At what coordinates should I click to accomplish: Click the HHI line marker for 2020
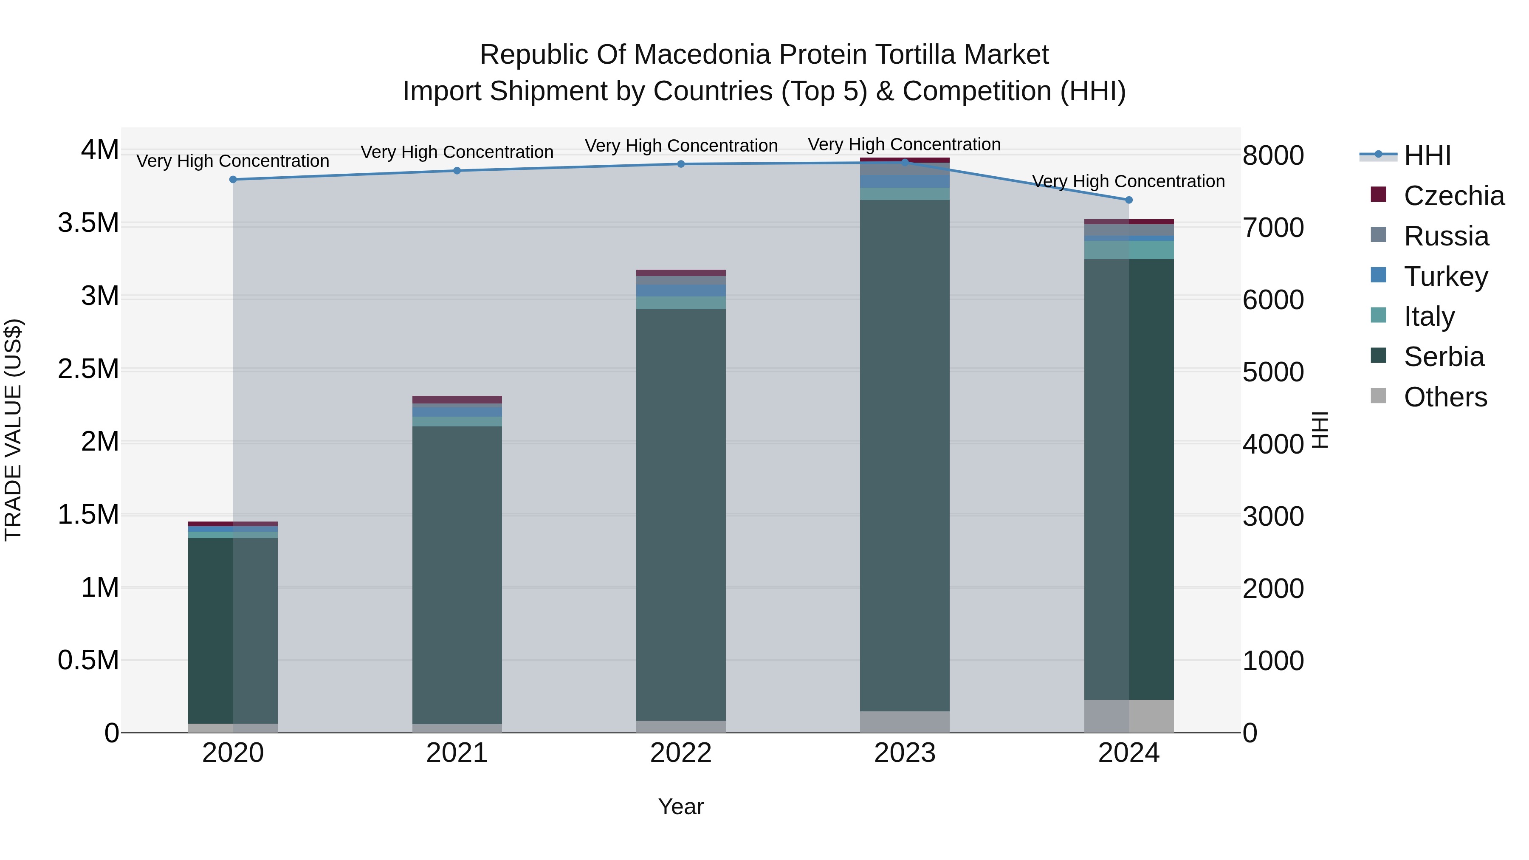tap(233, 179)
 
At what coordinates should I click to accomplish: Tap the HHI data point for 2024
tap(1128, 200)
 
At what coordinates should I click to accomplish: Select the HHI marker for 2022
tap(681, 164)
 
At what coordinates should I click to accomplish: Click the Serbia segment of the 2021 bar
tap(457, 575)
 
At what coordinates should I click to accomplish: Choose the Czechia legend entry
tap(1454, 196)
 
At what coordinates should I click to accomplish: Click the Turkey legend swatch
tap(1378, 275)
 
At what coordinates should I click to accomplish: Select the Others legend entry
tap(1445, 397)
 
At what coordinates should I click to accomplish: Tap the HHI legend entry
tap(1427, 155)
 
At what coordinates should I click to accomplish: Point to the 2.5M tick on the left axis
tap(88, 369)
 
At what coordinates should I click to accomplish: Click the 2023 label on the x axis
tap(905, 753)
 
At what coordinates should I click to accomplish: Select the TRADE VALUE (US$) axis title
tap(13, 430)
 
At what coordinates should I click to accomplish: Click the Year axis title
tap(681, 806)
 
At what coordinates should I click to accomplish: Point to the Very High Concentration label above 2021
tap(457, 152)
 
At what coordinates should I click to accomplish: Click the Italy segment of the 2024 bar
tap(1128, 250)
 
